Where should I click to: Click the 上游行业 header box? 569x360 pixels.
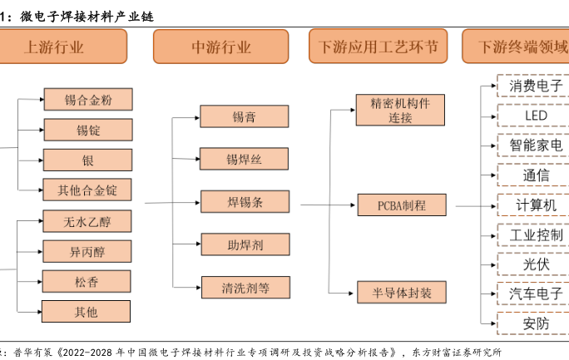tap(63, 47)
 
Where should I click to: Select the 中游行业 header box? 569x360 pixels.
tap(220, 47)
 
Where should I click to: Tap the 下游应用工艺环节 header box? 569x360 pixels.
tap(378, 47)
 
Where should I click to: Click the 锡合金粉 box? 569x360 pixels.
tap(87, 100)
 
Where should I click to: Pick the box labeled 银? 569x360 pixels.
tap(87, 160)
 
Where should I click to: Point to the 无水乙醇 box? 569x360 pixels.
tap(87, 221)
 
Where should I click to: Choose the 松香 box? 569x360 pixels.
tap(87, 282)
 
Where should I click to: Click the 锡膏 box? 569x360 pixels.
tap(244, 117)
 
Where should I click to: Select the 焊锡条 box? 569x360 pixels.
tap(244, 201)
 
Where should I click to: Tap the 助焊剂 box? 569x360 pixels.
tap(244, 244)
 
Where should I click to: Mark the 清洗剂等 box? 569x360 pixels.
tap(244, 288)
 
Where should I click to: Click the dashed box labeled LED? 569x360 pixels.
tap(532, 115)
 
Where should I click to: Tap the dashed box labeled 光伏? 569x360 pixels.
tap(532, 264)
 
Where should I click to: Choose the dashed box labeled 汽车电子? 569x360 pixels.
tap(532, 293)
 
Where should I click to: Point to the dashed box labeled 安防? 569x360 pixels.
tap(532, 323)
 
